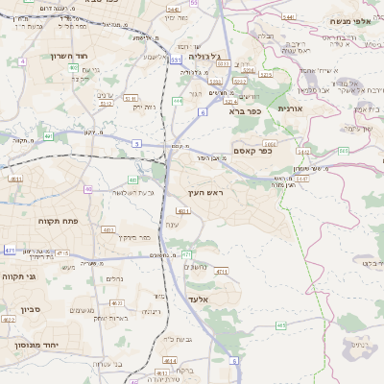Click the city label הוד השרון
(70, 57)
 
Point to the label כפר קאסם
(253, 150)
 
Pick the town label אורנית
(291, 108)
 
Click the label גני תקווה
(19, 276)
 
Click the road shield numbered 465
(281, 325)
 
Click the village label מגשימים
(81, 309)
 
